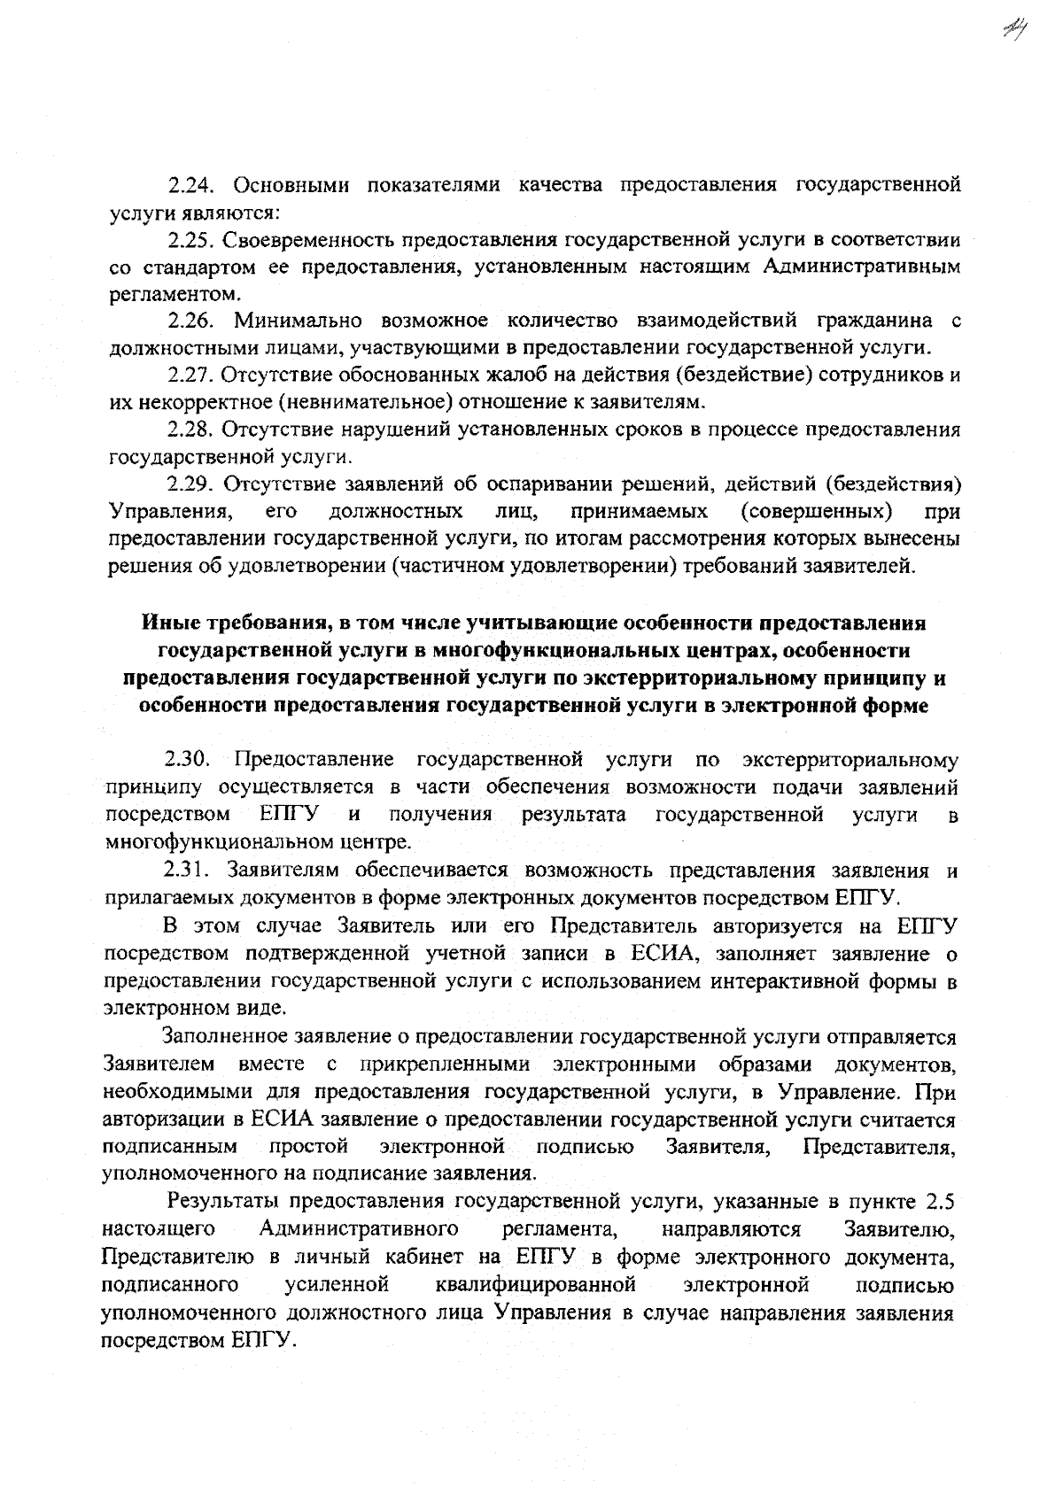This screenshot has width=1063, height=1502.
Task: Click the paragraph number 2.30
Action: (x=186, y=760)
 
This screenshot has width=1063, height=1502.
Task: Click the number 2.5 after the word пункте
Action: (x=939, y=1202)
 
